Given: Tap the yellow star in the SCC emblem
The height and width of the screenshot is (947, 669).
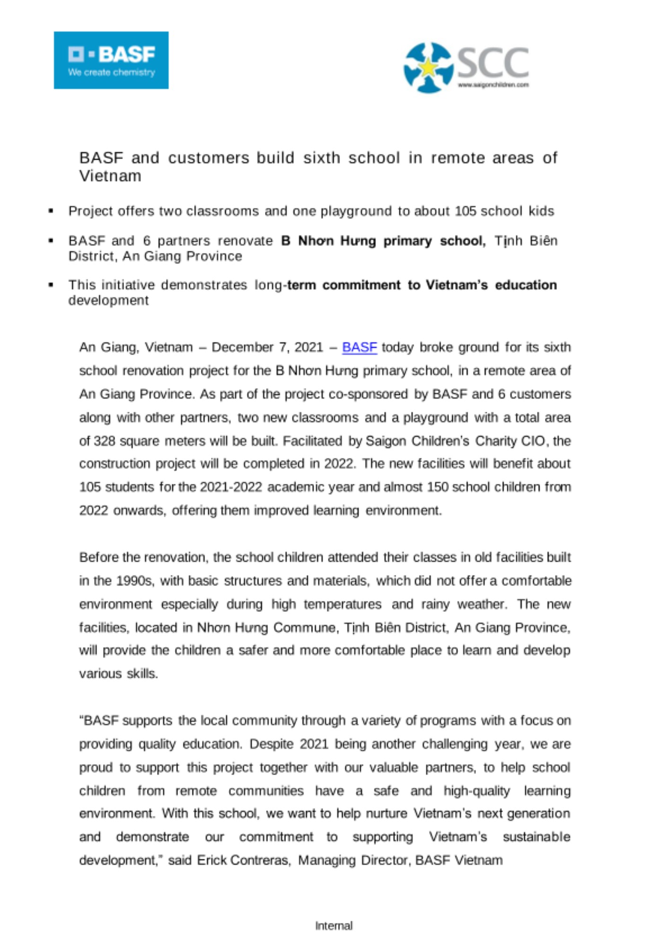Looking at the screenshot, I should (428, 68).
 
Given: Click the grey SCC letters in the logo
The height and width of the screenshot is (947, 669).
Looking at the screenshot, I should (493, 63).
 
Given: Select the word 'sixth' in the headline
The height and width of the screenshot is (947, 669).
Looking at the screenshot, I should (321, 158).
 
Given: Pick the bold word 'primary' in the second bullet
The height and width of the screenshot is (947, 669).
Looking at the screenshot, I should (407, 241).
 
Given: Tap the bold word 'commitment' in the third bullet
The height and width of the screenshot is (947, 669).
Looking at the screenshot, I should (361, 285).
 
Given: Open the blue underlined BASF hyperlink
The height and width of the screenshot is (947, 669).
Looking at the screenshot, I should (359, 348).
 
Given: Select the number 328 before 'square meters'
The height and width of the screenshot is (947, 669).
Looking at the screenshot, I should (104, 441).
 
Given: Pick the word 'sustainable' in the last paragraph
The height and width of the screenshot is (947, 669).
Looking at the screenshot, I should (536, 837).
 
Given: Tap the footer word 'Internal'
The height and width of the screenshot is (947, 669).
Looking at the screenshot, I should (334, 926).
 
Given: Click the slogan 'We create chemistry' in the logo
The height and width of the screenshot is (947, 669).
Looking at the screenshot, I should (111, 73).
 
